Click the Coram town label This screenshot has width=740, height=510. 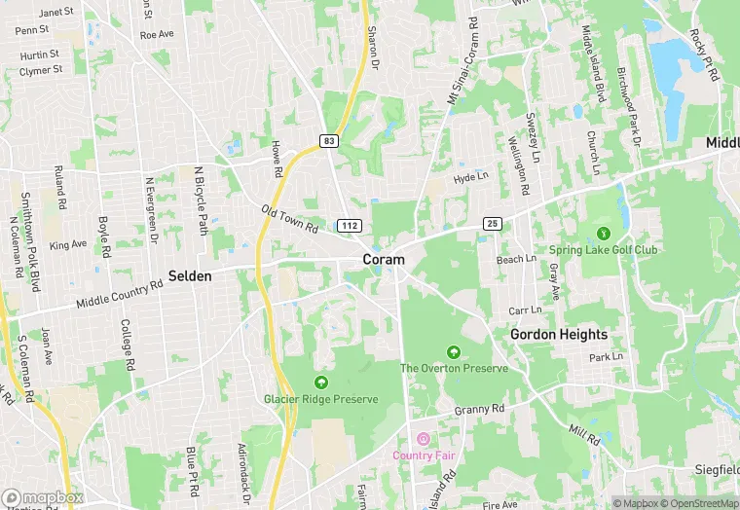384,260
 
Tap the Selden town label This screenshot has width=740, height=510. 190,276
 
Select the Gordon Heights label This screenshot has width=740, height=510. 559,335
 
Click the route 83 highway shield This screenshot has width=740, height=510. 329,141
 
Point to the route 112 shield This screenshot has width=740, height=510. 351,226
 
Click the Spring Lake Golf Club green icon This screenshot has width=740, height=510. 603,234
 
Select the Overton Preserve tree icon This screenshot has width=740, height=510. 453,352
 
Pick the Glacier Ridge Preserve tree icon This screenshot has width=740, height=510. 320,382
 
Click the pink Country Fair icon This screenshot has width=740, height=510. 424,439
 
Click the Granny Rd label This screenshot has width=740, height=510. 480,410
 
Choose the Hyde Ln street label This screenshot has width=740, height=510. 470,177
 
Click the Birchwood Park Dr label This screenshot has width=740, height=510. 628,107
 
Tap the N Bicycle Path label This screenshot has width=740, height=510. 202,199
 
